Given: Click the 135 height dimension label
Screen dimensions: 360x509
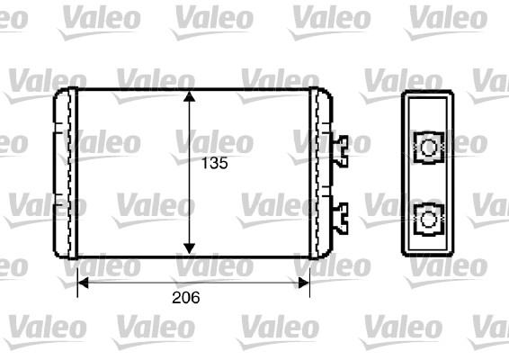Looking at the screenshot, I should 213,164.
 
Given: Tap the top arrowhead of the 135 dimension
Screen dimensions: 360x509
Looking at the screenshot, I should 189,96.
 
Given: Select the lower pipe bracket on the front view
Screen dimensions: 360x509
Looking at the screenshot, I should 341,214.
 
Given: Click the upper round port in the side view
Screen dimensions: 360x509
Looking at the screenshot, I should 430,147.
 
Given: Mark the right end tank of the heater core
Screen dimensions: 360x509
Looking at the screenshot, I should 320,171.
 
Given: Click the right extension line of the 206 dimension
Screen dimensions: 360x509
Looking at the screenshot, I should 309,274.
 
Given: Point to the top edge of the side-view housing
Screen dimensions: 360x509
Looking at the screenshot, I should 430,93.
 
